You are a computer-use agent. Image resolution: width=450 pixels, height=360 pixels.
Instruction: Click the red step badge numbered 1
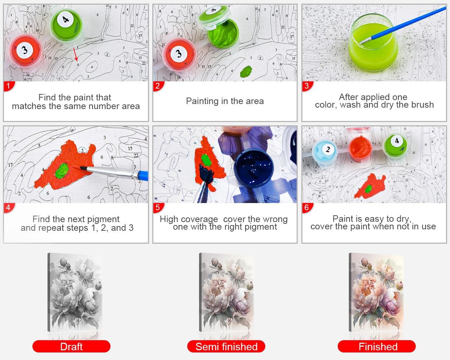9,86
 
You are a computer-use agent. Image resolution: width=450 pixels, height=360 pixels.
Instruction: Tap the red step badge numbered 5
158,208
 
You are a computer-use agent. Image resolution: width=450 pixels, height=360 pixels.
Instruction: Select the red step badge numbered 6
307,208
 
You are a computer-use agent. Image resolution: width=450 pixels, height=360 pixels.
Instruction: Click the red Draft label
71,346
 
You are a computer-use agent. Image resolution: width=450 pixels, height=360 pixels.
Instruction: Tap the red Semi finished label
226,346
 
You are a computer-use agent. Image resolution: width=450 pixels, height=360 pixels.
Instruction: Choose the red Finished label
377,346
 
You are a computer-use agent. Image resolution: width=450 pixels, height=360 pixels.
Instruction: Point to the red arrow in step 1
75,54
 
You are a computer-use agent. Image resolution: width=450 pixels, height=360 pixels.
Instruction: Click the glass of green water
373,43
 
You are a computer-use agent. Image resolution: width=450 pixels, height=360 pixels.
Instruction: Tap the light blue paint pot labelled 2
324,152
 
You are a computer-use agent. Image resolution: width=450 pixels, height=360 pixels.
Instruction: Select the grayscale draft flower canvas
75,292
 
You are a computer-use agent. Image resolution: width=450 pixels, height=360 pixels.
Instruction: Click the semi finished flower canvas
226,292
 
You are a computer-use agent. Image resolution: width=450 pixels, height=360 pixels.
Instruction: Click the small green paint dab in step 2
246,71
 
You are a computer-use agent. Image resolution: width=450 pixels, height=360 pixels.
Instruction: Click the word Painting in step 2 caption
202,101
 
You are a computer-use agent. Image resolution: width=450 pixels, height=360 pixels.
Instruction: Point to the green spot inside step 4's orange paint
62,171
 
